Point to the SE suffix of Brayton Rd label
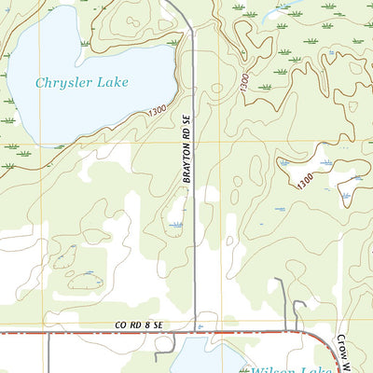coord(186,150)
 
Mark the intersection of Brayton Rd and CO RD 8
coord(195,330)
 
